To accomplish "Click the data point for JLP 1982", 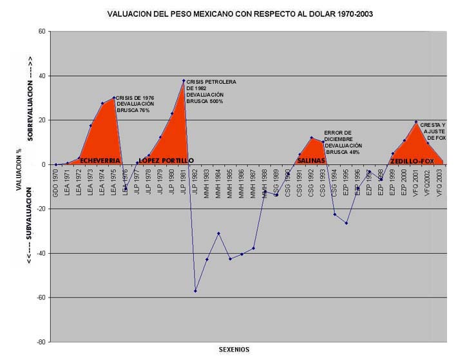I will (x=195, y=291).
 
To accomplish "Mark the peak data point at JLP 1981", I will (x=184, y=81).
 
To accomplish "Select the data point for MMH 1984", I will (x=218, y=233).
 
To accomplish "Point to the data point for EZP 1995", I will (x=346, y=223).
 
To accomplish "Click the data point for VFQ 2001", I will (x=415, y=122).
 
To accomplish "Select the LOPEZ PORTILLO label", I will (x=166, y=160).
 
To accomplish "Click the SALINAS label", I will (x=311, y=160).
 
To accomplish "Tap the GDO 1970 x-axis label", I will (x=56, y=186).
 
